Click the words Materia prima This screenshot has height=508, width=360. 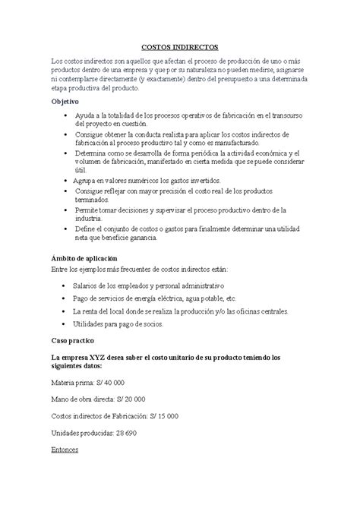coord(70,383)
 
